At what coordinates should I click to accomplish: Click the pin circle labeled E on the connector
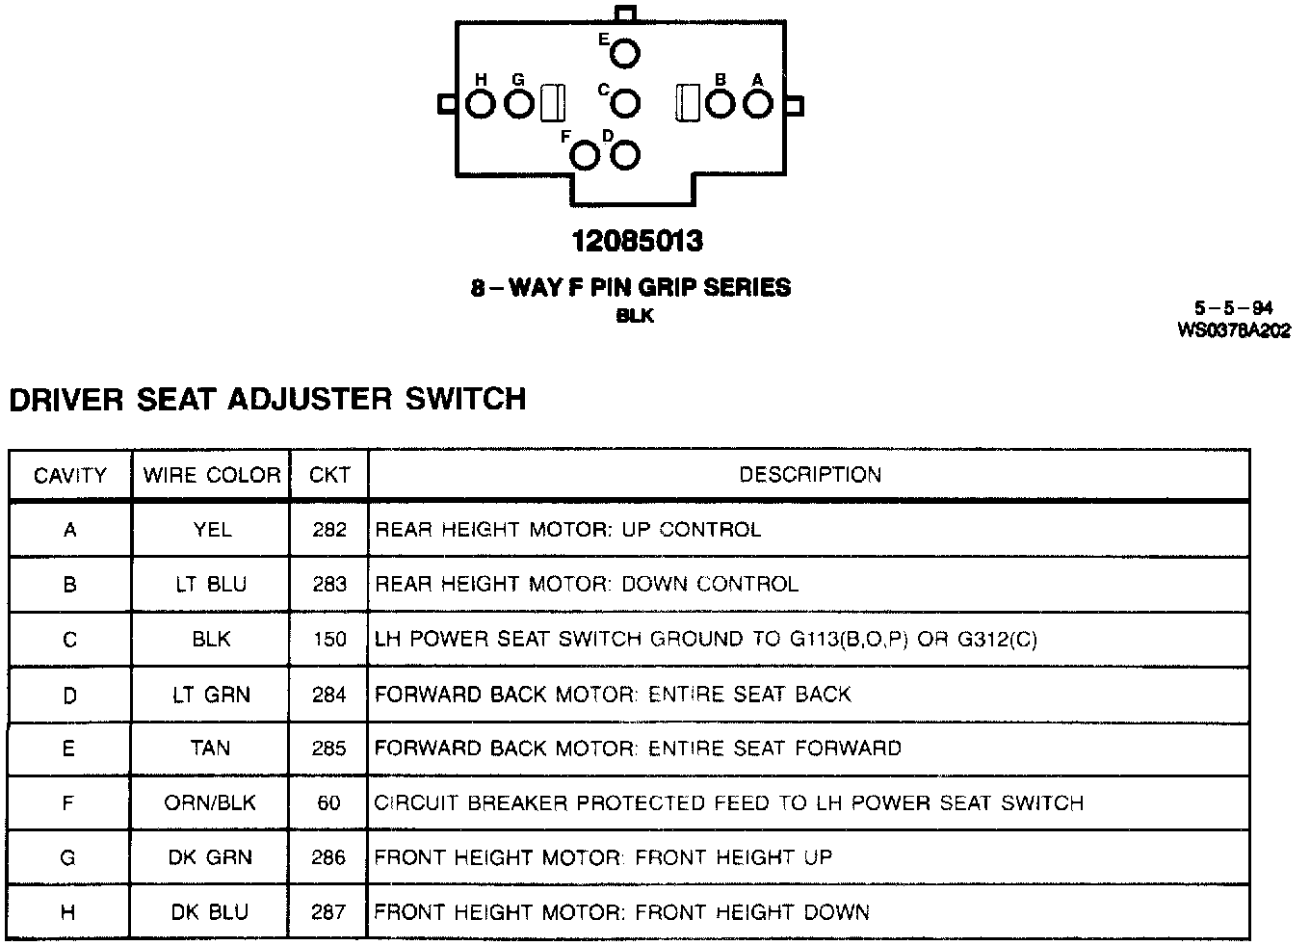[x=624, y=54]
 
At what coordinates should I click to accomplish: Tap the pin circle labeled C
[x=625, y=103]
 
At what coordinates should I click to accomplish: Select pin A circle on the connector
[x=758, y=103]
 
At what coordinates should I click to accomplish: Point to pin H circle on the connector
[x=481, y=103]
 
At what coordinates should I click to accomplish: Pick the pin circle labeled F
[x=586, y=154]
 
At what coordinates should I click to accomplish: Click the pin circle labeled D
[x=625, y=154]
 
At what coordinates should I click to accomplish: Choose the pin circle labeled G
[x=519, y=103]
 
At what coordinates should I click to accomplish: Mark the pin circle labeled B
[x=720, y=103]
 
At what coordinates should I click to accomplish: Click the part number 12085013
[x=637, y=241]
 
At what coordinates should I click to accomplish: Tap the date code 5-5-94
[x=1234, y=309]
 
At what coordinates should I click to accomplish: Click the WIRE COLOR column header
[x=211, y=475]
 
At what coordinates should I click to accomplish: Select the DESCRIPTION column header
[x=809, y=475]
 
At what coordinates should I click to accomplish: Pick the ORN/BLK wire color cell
[x=211, y=802]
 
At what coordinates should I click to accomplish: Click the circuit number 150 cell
[x=329, y=639]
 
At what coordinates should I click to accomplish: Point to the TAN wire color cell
[x=211, y=748]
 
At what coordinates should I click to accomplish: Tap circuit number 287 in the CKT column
[x=329, y=911]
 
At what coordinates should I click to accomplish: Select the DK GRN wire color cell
[x=211, y=857]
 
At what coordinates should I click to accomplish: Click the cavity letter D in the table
[x=69, y=694]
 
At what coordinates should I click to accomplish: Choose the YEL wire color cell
[x=211, y=530]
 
